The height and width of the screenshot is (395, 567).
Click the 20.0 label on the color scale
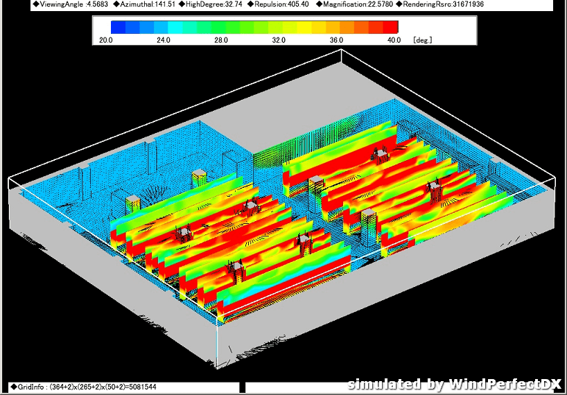[105, 40]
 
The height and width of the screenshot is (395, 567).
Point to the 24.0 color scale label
[164, 40]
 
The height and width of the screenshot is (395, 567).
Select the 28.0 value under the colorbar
[221, 40]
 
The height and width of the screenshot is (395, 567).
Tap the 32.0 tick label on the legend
[279, 40]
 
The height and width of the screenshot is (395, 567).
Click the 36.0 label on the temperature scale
[336, 40]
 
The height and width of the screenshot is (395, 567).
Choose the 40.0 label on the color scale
[394, 40]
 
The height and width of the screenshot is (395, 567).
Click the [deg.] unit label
[423, 40]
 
